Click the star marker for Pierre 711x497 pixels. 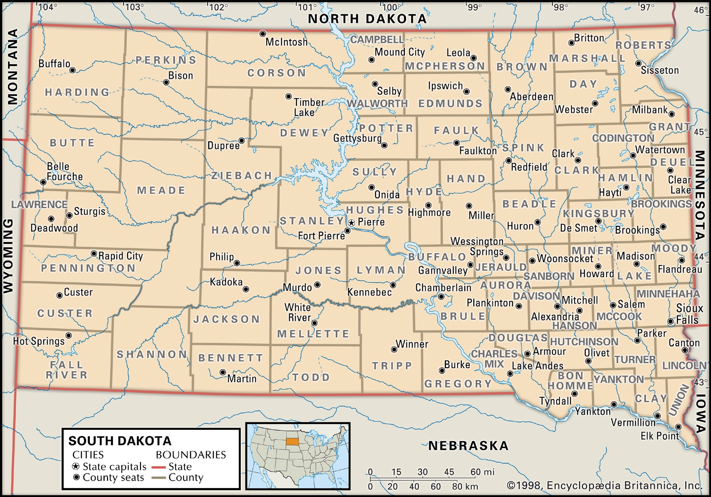tap(352, 222)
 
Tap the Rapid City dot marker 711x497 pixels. tap(94, 254)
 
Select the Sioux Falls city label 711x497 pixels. tap(689, 314)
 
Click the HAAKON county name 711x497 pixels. tap(241, 230)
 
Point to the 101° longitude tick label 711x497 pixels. tap(307, 7)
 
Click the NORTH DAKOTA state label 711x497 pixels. tap(367, 19)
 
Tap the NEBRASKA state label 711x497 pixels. tap(468, 446)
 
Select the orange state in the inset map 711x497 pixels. tap(292, 442)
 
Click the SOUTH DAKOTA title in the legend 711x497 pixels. tap(120, 441)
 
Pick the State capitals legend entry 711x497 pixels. tap(109, 466)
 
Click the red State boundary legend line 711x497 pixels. tap(159, 467)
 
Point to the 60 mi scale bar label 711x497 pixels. tap(482, 472)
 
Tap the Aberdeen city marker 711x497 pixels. tap(507, 89)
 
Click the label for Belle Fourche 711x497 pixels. tap(64, 172)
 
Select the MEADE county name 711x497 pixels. tap(161, 190)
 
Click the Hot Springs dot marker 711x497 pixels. tap(68, 335)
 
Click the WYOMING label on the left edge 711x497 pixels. tap(8, 256)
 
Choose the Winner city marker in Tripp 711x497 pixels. tap(394, 349)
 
